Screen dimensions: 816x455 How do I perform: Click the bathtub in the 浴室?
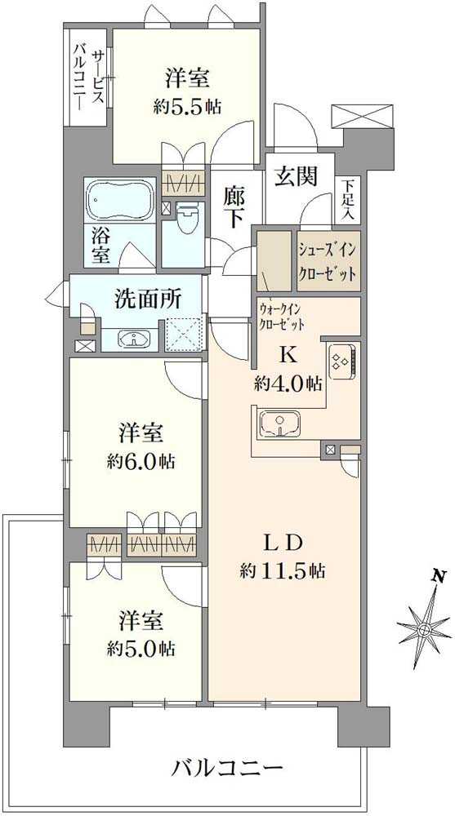(121, 198)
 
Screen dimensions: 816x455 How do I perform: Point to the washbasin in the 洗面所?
(132, 339)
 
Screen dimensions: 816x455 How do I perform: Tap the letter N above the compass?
(440, 576)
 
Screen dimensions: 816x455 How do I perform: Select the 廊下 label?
(236, 206)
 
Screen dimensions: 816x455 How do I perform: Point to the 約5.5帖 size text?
(187, 105)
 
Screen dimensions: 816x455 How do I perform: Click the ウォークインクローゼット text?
(282, 317)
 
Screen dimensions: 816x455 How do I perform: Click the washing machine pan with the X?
(183, 334)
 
